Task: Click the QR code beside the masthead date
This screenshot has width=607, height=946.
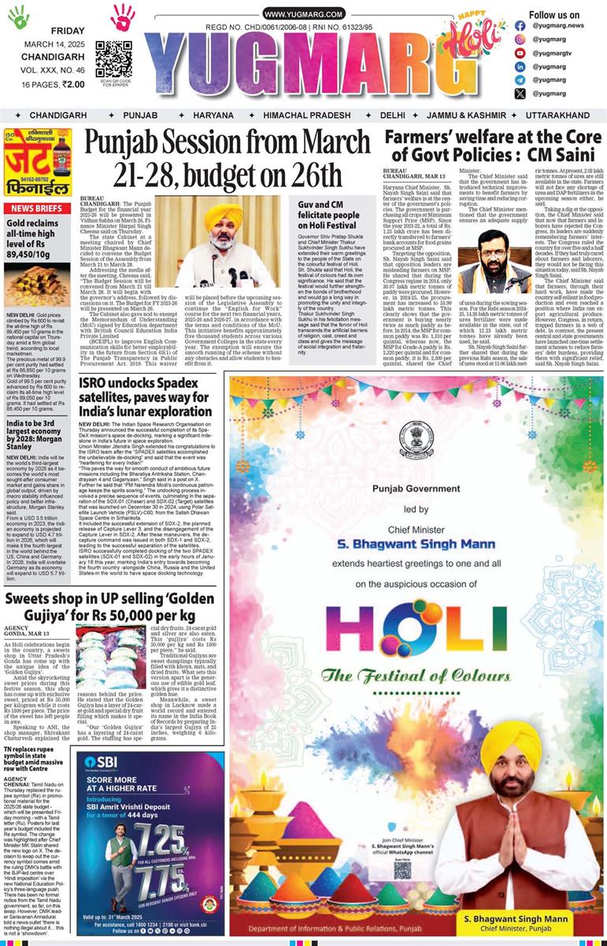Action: pyautogui.click(x=113, y=58)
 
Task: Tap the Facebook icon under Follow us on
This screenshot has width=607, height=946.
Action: pyautogui.click(x=520, y=25)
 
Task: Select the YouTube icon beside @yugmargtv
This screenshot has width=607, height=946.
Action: pyautogui.click(x=520, y=53)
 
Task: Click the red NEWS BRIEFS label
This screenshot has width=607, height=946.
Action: pyautogui.click(x=38, y=208)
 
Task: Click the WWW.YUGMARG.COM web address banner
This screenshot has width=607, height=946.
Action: pyautogui.click(x=303, y=14)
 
